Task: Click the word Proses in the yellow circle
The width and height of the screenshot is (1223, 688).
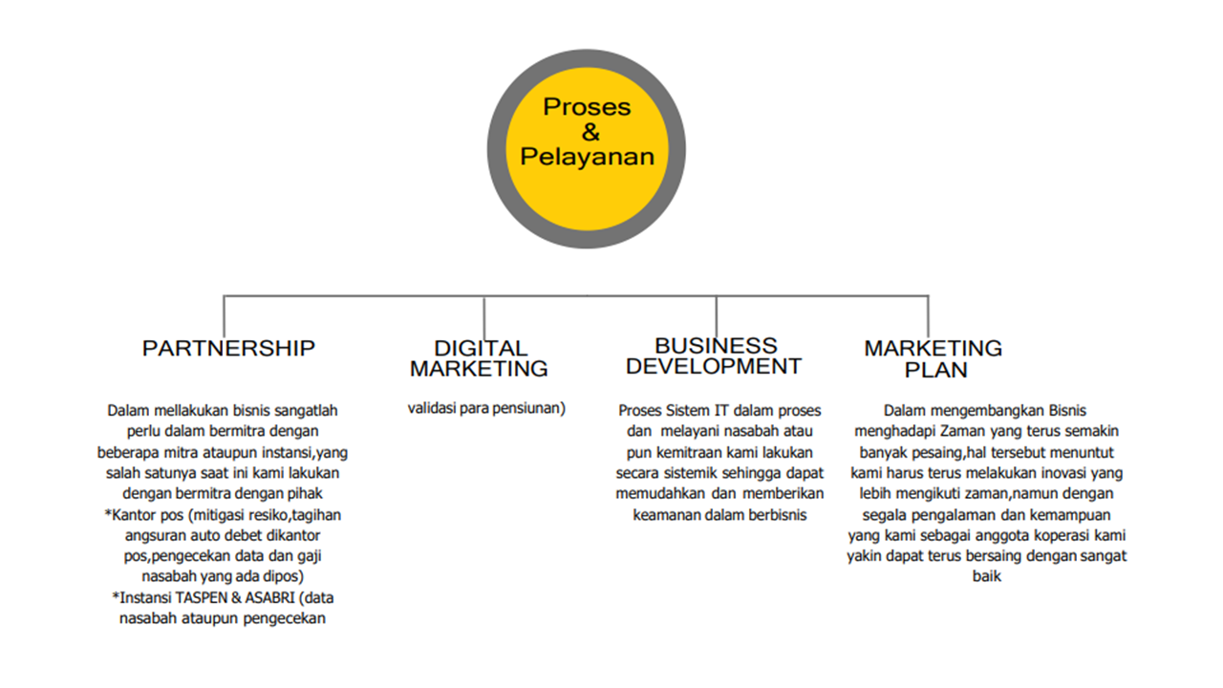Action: click(587, 106)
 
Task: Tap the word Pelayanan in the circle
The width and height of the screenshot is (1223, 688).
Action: click(587, 156)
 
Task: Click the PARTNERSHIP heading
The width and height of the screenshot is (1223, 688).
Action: click(228, 348)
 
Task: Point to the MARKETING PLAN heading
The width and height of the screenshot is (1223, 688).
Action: click(933, 358)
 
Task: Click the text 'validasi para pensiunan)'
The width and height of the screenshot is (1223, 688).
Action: click(487, 408)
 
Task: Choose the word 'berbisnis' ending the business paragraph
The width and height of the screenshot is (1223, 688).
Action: click(777, 514)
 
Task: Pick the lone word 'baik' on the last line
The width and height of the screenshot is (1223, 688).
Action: click(986, 576)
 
